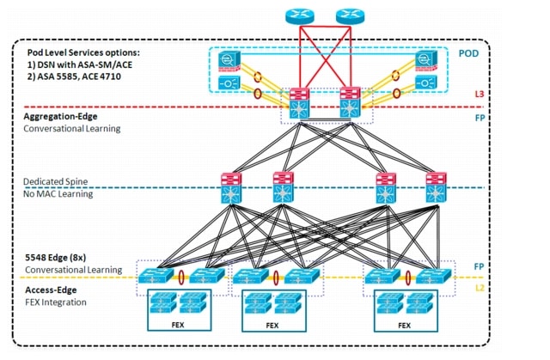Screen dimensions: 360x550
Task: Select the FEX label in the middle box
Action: point(272,326)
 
